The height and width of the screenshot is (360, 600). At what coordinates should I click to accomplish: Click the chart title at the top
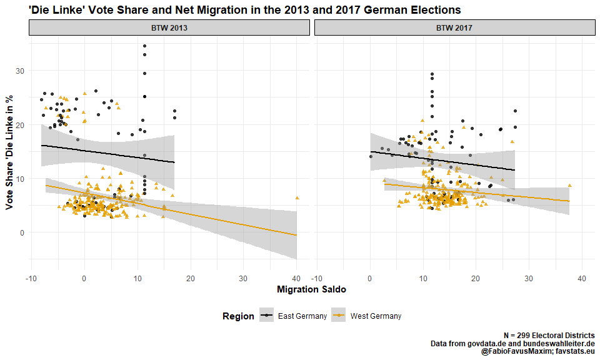click(245, 10)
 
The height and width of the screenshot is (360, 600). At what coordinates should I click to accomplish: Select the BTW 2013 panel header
click(169, 28)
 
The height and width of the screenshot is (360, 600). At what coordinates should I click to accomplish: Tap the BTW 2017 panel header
click(454, 28)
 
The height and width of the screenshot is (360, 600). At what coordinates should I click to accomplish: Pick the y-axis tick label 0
click(22, 232)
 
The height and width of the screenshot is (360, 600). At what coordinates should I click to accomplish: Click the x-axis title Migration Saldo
click(311, 289)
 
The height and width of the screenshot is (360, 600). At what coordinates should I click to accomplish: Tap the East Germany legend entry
click(302, 316)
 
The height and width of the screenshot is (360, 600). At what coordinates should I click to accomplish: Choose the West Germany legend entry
click(376, 316)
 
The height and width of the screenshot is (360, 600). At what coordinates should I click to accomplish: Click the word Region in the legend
click(238, 316)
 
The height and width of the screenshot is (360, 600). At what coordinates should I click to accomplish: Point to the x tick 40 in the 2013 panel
click(296, 277)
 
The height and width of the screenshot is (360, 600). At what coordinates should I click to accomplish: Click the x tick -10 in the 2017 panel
click(317, 277)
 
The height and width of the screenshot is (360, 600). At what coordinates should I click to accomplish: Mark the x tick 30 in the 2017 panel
click(529, 277)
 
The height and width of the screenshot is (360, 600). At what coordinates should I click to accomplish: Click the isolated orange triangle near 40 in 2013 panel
click(297, 197)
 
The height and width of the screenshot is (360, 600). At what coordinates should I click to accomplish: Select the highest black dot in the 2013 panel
click(144, 46)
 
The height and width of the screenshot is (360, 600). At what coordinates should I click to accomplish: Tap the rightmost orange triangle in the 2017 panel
click(569, 186)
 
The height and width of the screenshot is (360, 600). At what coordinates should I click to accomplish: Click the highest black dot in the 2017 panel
click(432, 74)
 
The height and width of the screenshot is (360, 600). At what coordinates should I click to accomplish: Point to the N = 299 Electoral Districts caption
click(549, 336)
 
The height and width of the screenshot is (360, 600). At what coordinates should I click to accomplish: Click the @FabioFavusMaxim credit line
click(537, 352)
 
